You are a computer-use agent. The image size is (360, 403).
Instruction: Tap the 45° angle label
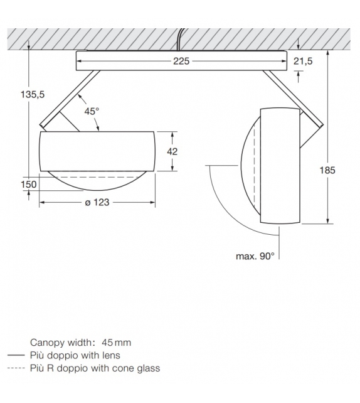click(x=92, y=111)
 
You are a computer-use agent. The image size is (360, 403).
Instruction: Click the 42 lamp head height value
click(x=172, y=151)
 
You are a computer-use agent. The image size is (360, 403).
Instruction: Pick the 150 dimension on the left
click(x=28, y=184)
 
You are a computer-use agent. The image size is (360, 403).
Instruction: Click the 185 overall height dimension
click(x=327, y=169)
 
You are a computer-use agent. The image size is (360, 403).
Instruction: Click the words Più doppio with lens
click(x=74, y=355)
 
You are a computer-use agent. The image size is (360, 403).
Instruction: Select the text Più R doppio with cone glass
click(x=95, y=368)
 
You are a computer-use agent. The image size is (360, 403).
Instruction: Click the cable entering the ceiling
click(x=180, y=38)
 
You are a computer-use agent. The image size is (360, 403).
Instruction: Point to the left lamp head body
click(x=97, y=151)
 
